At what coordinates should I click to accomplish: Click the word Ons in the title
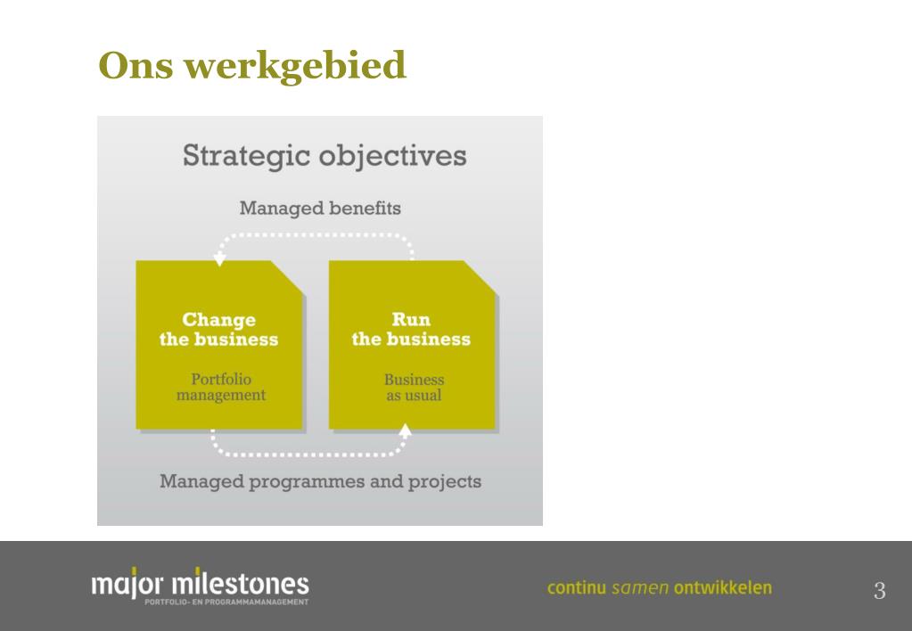click(x=136, y=64)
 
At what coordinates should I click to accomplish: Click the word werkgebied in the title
click(x=295, y=64)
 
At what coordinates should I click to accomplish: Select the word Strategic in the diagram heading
click(x=246, y=156)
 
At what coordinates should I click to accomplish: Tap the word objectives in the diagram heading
click(x=392, y=156)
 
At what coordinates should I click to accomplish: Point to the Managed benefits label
click(x=320, y=209)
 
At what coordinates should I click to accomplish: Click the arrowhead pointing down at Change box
click(x=220, y=258)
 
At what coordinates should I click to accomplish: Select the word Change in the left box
click(x=218, y=319)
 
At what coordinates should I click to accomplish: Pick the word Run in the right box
click(x=411, y=319)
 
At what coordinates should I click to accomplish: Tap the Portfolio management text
click(x=221, y=388)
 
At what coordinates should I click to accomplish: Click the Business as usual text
click(x=415, y=388)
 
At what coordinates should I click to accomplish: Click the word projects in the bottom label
click(x=444, y=482)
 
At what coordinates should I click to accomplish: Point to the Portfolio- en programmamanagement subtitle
click(x=226, y=602)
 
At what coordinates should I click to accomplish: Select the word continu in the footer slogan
click(x=577, y=587)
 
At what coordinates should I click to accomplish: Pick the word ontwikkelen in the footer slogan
click(x=723, y=587)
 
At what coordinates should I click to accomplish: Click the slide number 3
click(x=879, y=590)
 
